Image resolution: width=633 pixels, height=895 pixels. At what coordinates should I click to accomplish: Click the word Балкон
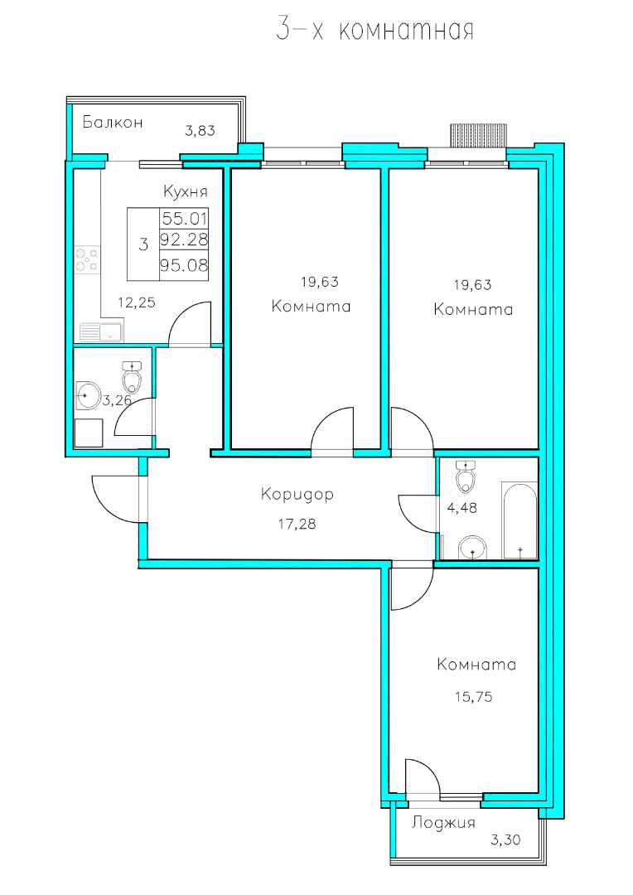[113, 122]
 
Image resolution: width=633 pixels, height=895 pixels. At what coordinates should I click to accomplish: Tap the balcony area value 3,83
[200, 131]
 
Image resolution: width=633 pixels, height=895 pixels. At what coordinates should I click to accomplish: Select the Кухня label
[185, 191]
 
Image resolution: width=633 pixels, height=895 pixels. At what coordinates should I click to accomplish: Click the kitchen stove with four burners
[87, 258]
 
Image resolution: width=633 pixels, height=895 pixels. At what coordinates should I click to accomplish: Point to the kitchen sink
[101, 332]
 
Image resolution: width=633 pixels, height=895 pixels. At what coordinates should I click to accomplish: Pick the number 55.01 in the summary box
[185, 218]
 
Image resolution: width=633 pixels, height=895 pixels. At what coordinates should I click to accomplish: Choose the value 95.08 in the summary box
[184, 265]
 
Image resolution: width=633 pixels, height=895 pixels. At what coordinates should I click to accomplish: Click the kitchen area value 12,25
[137, 302]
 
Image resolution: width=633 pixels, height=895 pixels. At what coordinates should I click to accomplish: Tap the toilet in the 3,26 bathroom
[132, 377]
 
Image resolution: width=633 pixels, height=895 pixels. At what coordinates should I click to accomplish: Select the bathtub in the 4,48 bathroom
[519, 520]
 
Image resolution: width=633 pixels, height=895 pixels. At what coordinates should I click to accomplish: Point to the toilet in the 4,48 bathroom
[466, 477]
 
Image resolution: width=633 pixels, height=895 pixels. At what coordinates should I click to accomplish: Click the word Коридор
[297, 494]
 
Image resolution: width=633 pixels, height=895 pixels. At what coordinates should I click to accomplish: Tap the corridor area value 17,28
[297, 524]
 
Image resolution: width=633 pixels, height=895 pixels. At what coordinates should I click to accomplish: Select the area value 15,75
[474, 697]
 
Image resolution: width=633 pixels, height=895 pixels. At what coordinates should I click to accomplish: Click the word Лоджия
[443, 823]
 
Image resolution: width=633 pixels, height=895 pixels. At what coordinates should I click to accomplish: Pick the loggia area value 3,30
[505, 840]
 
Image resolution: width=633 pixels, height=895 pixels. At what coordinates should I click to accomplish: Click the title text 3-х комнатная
[375, 29]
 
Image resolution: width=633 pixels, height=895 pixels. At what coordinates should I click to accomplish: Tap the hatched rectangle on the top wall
[478, 136]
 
